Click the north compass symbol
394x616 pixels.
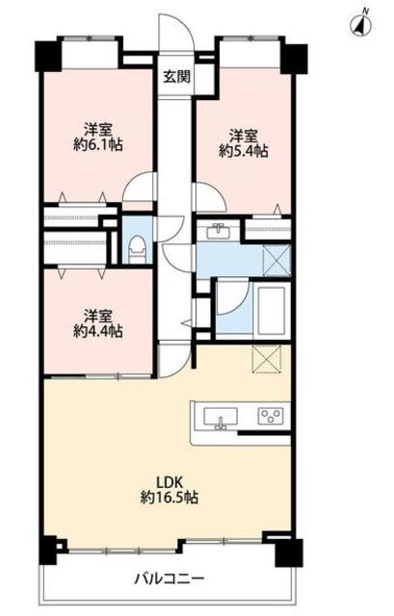click(361, 24)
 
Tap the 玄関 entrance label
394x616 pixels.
click(176, 77)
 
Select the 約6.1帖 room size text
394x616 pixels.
click(98, 145)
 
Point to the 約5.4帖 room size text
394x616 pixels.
click(244, 151)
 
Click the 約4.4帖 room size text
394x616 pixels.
click(98, 331)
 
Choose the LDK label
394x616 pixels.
click(170, 481)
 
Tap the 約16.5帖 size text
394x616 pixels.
click(170, 499)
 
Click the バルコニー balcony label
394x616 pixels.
click(170, 578)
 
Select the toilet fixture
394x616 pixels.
click(138, 249)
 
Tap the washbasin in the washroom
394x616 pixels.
click(218, 232)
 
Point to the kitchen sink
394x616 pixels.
click(221, 418)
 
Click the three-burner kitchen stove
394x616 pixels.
click(271, 416)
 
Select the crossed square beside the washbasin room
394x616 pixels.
click(276, 261)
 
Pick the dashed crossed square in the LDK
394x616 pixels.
click(266, 358)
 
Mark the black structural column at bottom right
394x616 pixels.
click(289, 552)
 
